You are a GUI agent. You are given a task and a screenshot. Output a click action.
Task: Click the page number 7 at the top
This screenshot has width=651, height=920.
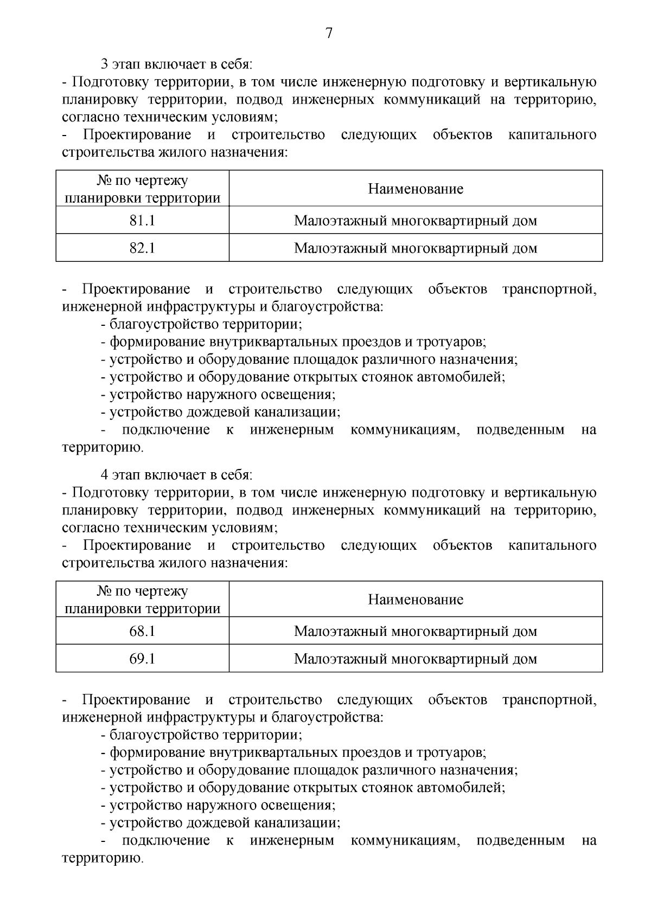[328, 33]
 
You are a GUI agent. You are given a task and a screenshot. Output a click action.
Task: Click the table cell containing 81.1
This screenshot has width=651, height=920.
[142, 221]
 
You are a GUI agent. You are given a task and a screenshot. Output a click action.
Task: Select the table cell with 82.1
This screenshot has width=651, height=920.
[142, 248]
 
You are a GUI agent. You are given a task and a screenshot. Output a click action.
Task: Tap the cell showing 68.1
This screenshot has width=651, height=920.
[142, 631]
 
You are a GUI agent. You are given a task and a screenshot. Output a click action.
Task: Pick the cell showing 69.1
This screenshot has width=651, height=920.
[142, 659]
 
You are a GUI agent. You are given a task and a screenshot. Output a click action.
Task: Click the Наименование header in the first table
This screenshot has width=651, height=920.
[416, 189]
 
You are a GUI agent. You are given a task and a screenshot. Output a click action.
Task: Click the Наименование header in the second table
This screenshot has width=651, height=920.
[416, 599]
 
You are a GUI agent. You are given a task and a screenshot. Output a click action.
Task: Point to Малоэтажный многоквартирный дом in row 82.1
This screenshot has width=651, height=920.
[416, 248]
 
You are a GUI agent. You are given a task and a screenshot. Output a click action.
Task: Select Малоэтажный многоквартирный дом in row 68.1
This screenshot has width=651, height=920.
[416, 631]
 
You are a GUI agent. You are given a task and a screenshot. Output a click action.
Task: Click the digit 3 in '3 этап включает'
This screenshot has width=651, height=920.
[105, 65]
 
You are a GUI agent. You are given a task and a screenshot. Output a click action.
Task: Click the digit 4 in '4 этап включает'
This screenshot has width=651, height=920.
[105, 475]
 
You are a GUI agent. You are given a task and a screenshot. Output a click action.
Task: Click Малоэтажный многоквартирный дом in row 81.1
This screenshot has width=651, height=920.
[416, 221]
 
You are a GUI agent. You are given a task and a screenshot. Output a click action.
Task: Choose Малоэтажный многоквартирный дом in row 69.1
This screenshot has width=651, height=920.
[416, 659]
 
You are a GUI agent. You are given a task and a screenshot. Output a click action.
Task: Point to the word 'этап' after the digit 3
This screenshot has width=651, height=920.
[126, 65]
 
